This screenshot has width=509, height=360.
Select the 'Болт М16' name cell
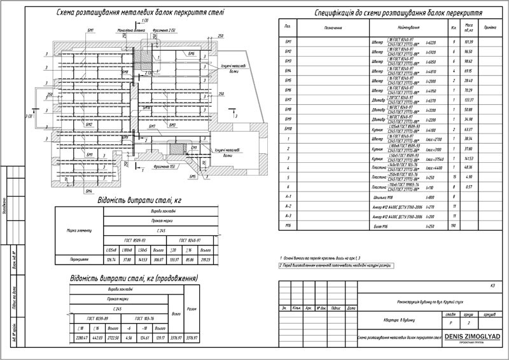pos(380,226)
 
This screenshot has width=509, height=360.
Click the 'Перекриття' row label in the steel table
pos(79,259)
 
